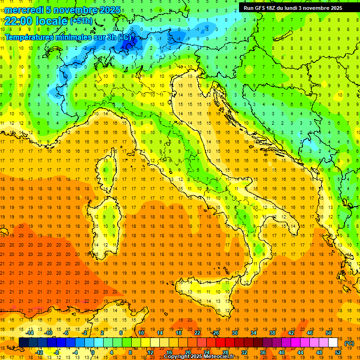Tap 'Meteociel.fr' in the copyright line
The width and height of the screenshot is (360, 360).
click(222, 357)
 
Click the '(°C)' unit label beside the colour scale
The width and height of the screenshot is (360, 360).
click(349, 343)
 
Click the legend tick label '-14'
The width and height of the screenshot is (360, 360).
click(30, 333)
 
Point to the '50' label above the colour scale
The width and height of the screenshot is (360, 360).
click(328, 333)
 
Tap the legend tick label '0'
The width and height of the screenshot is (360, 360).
click(93, 352)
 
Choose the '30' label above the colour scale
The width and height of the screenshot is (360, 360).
click(234, 333)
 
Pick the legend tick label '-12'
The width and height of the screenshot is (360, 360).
click(39, 352)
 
